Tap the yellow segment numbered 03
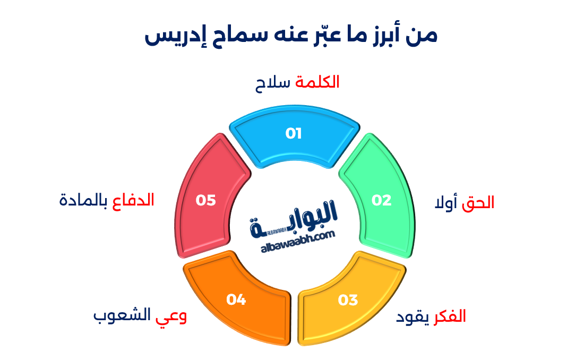tap(348, 301)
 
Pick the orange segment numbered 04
tap(236, 300)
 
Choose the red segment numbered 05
tap(206, 200)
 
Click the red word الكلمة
tap(317, 82)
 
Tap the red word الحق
tap(478, 203)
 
